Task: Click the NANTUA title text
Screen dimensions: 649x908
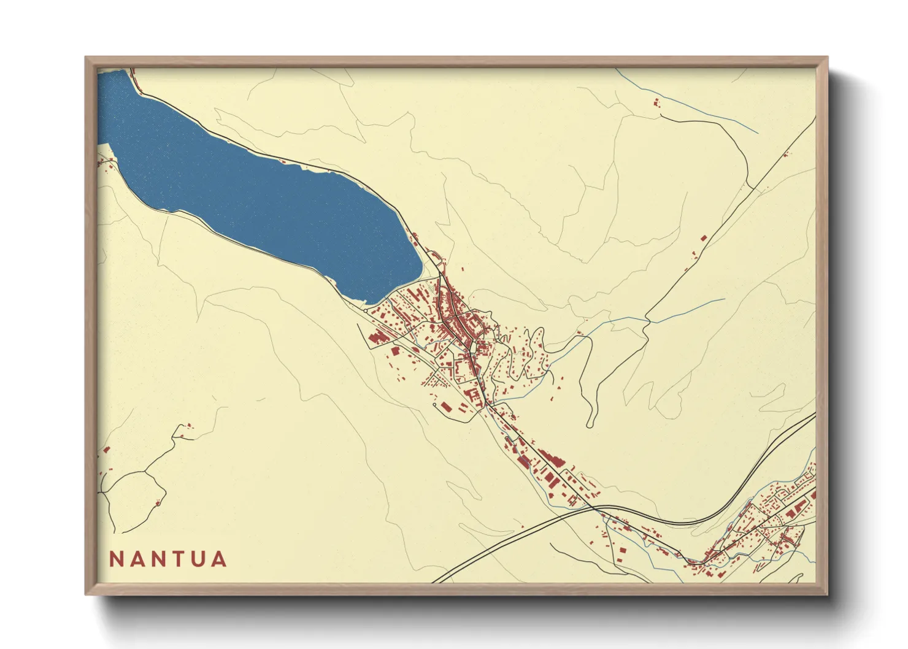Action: point(168,559)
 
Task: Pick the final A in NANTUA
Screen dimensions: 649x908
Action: point(218,559)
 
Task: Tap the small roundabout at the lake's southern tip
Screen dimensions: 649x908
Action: point(366,311)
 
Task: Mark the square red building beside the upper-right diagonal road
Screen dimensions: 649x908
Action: point(703,237)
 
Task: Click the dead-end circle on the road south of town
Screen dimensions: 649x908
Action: point(435,405)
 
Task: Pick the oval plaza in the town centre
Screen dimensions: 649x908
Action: point(472,348)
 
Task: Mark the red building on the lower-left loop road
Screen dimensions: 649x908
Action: point(158,503)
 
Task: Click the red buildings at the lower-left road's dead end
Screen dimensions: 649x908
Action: point(188,425)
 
